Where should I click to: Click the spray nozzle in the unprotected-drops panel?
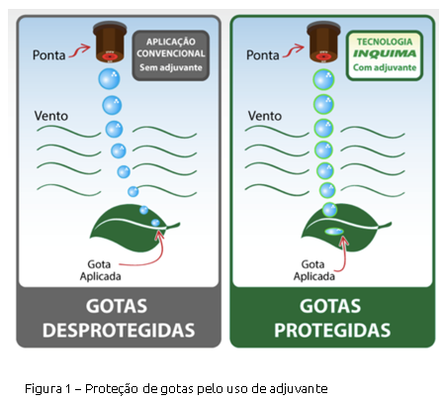tap(110, 42)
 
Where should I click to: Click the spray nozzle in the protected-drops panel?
tap(323, 42)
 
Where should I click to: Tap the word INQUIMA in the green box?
tap(385, 53)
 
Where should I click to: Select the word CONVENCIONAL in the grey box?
tap(171, 53)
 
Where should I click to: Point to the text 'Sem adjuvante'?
tap(171, 67)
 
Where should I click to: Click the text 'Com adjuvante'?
tap(385, 67)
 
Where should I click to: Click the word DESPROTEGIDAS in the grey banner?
tap(119, 331)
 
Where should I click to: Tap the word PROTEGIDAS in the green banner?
tap(332, 331)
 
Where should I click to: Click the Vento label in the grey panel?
tap(51, 116)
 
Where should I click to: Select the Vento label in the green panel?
tap(265, 116)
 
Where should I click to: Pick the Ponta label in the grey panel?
tap(48, 55)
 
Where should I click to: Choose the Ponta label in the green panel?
tap(263, 55)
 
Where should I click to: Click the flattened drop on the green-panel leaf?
tap(334, 232)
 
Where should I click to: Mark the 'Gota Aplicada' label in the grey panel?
tap(100, 270)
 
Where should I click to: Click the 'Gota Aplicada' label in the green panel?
tap(314, 270)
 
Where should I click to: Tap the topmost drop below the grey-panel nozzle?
tap(109, 79)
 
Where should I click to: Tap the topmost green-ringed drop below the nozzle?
tap(323, 79)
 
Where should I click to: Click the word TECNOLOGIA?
tap(385, 42)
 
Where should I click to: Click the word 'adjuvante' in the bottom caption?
tap(299, 389)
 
